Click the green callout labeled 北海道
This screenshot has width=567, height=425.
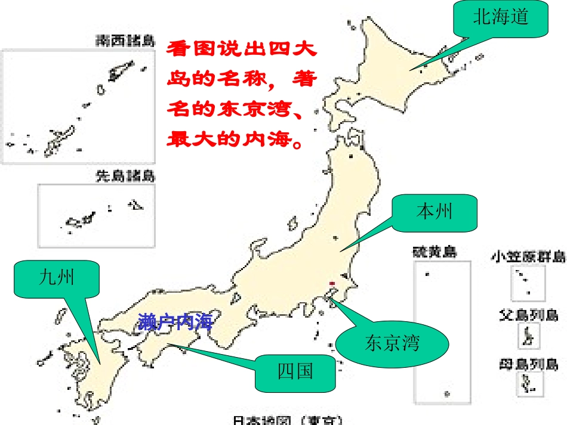tap(501, 17)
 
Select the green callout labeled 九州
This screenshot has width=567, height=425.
tap(57, 278)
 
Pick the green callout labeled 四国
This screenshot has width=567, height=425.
tap(295, 372)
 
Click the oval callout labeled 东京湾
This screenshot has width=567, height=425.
tap(392, 343)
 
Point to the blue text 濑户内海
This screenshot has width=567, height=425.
tap(175, 322)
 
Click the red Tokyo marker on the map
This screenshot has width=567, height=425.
tap(332, 283)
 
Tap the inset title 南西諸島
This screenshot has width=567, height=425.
tap(125, 41)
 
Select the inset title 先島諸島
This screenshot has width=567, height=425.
tap(125, 176)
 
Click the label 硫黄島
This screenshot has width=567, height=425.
tap(435, 252)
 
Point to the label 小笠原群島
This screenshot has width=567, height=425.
tap(528, 257)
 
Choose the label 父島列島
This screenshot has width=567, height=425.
tap(528, 315)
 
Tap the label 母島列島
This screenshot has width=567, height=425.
tap(528, 363)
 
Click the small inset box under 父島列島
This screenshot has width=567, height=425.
tap(528, 336)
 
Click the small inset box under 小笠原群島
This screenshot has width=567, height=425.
tap(528, 283)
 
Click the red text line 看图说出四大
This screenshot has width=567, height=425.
tap(242, 48)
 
